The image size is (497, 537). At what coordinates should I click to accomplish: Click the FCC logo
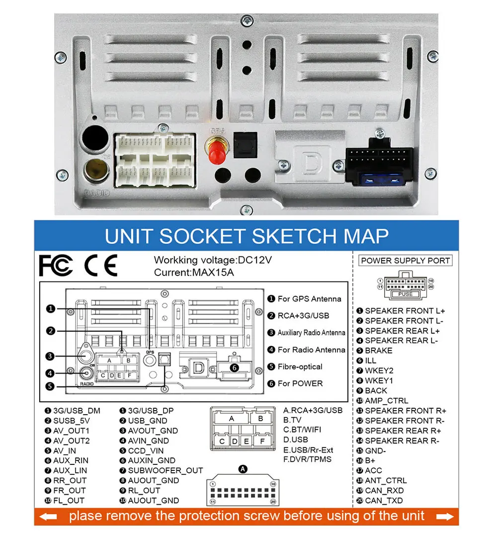(x=56, y=266)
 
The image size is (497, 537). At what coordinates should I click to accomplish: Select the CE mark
(x=100, y=266)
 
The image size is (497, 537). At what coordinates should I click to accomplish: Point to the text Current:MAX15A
(x=194, y=272)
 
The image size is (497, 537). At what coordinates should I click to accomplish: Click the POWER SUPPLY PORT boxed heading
(x=406, y=261)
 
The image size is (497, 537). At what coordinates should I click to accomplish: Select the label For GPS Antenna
(x=309, y=299)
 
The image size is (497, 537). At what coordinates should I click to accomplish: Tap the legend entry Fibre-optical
(x=300, y=366)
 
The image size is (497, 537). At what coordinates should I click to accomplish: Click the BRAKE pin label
(x=378, y=351)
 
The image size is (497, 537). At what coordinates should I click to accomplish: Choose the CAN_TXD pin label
(x=384, y=501)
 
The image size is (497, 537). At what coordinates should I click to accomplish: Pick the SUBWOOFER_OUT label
(x=166, y=470)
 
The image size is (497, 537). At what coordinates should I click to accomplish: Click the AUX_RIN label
(x=71, y=460)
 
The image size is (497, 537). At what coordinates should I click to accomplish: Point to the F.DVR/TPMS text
(x=307, y=459)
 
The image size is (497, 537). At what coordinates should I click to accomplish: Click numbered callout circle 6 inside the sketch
(x=235, y=368)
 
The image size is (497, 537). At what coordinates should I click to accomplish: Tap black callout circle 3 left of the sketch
(x=50, y=356)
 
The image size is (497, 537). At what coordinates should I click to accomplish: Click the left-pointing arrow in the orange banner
(x=48, y=516)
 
